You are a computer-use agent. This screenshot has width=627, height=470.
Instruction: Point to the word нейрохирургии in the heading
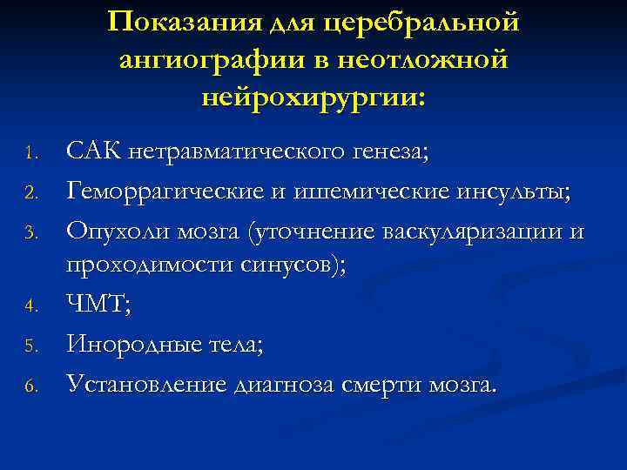coord(313,97)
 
